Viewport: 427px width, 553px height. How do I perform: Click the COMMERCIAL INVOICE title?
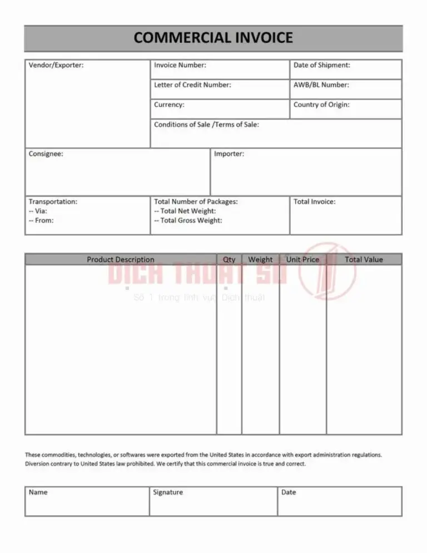tap(213, 38)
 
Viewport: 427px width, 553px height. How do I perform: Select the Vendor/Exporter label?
tap(56, 65)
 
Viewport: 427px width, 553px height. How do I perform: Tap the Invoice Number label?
tap(180, 65)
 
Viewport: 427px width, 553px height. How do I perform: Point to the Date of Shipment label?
tap(322, 65)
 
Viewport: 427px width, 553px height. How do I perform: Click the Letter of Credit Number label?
tap(192, 85)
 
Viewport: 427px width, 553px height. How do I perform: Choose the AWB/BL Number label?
tap(321, 85)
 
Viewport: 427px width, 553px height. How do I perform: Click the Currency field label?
tap(169, 105)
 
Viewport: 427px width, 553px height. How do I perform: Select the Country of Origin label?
tap(322, 105)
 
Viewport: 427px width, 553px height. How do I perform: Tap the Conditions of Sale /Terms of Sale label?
tap(206, 125)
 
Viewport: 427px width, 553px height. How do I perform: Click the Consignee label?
tap(46, 154)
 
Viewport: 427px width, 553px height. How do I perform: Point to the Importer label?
tap(229, 154)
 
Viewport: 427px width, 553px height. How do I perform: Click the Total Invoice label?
tap(315, 202)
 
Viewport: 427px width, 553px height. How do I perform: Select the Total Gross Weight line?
tap(188, 221)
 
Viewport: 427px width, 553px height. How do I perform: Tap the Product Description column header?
tap(121, 259)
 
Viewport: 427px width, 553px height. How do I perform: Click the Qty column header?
tap(229, 259)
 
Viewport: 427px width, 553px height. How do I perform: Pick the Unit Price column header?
tap(302, 259)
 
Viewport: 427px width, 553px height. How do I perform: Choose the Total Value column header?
tap(364, 259)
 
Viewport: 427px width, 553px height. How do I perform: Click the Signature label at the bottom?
tap(168, 492)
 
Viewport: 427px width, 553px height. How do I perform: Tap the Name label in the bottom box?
tap(38, 492)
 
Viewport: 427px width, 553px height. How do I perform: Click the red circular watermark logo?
tap(327, 271)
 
